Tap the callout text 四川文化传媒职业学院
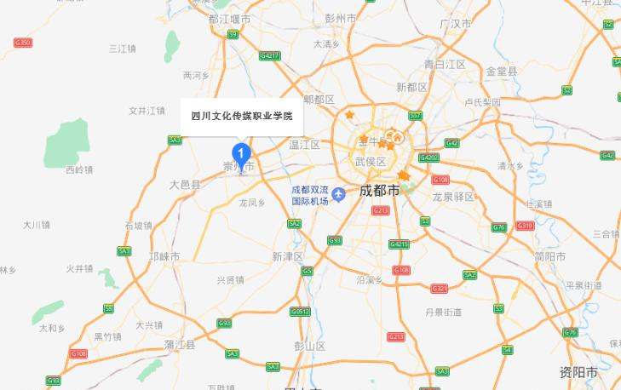coord(241,116)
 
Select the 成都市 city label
coord(379,190)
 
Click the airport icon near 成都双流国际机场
coord(338,196)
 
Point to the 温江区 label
coord(303,145)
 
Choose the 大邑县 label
coord(184,183)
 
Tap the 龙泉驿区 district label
coord(451,197)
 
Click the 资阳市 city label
coord(579,373)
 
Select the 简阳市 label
coord(550,256)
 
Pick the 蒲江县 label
coord(180,344)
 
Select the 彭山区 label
coord(310,345)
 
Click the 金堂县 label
coord(501,71)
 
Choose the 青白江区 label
coord(445,64)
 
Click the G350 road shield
coord(23,43)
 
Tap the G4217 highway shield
coord(270,55)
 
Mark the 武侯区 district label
coord(371,162)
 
